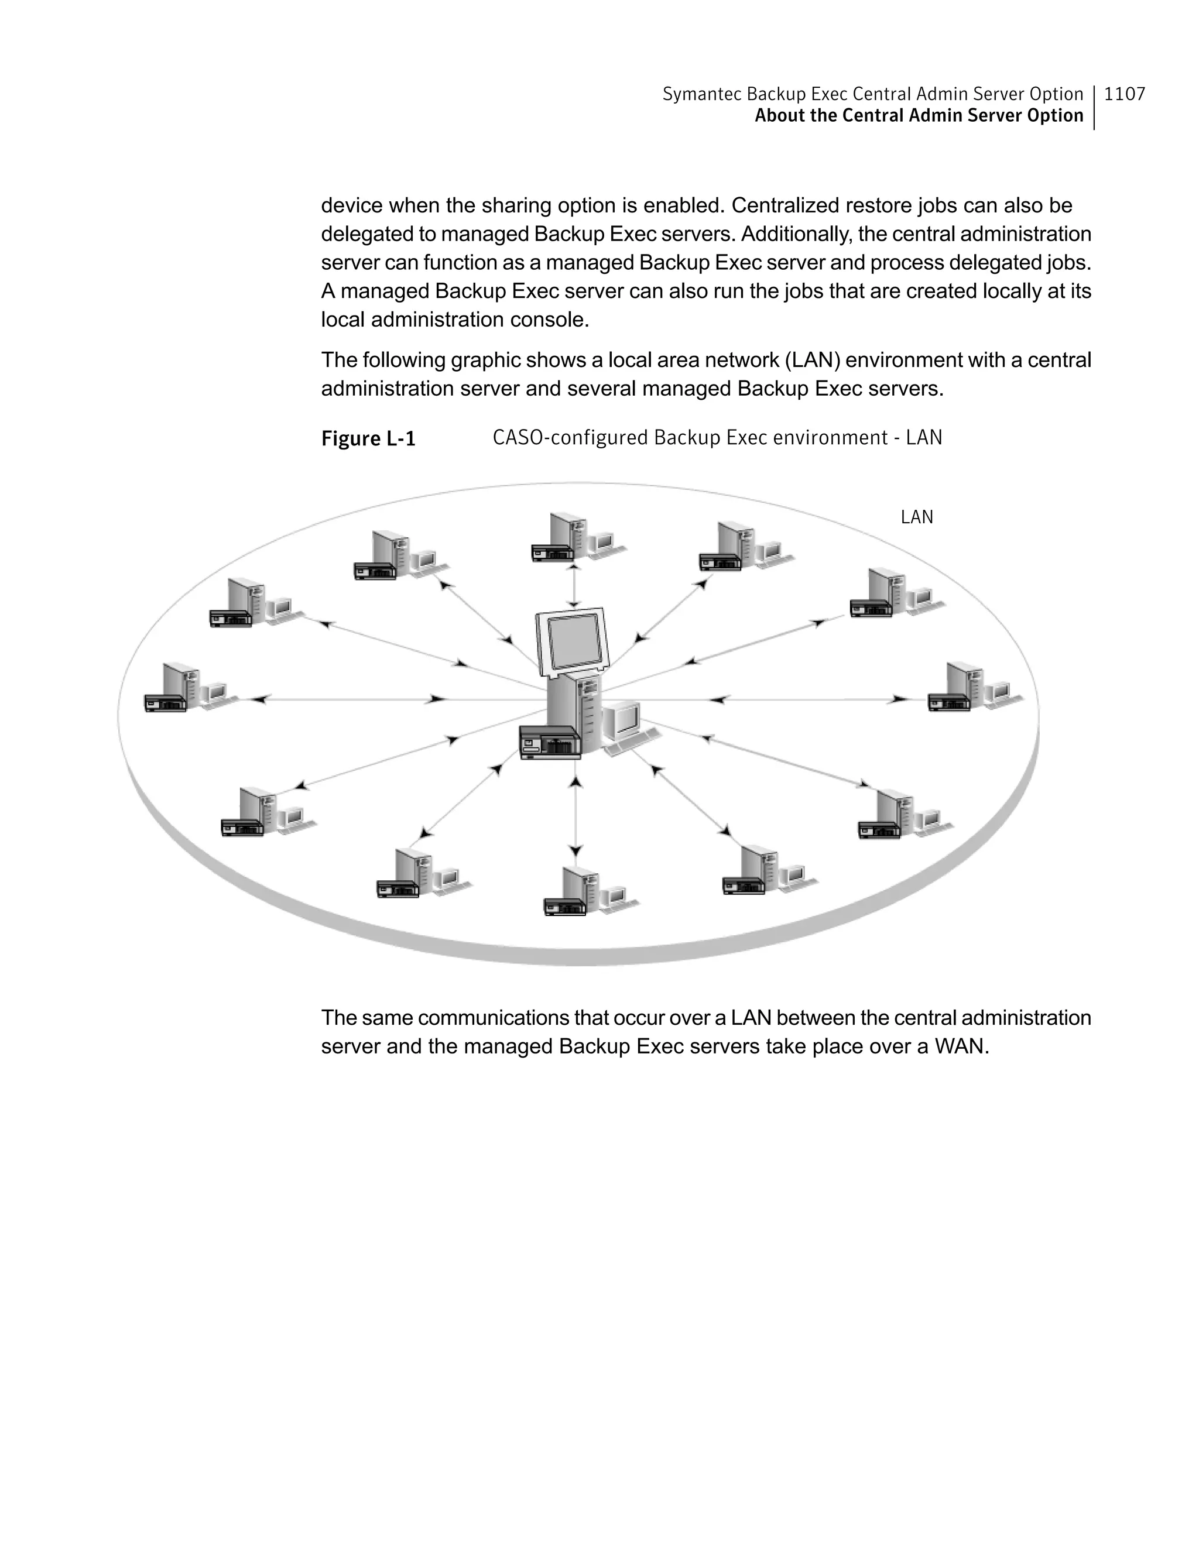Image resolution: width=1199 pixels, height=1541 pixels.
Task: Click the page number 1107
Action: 1124,94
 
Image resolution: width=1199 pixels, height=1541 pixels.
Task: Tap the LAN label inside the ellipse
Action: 917,517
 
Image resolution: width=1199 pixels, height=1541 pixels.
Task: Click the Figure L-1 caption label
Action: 368,439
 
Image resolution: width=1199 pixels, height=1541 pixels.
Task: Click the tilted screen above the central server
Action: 573,641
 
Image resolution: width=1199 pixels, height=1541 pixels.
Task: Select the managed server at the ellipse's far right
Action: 973,687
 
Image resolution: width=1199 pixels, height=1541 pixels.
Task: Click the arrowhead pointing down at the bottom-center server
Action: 576,851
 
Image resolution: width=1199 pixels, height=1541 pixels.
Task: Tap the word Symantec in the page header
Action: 701,94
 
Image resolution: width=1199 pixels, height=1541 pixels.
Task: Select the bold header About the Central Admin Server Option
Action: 918,116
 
